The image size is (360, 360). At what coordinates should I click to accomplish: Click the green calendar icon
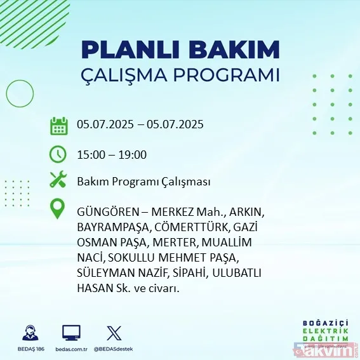(58, 125)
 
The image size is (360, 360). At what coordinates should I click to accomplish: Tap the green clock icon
(58, 154)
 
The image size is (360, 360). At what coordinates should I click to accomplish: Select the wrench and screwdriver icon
(58, 181)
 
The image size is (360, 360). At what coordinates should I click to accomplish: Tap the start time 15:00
(91, 154)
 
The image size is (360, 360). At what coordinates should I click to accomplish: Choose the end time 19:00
(133, 154)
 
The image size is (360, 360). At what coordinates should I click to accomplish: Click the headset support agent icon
(29, 333)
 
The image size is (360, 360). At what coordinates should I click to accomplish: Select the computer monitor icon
(71, 333)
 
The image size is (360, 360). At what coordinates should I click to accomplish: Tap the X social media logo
(114, 333)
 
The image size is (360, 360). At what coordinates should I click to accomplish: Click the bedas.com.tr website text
(70, 349)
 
